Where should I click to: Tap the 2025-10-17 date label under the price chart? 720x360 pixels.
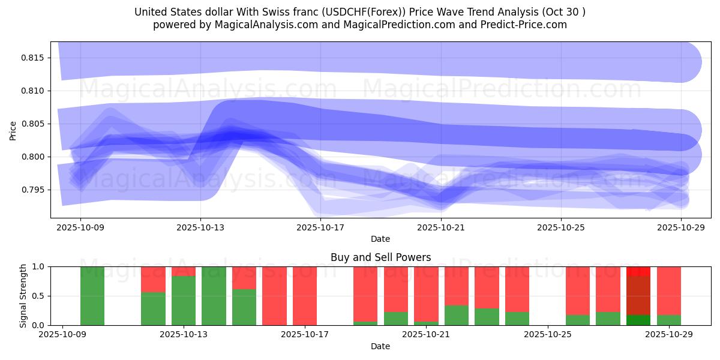(x=321, y=227)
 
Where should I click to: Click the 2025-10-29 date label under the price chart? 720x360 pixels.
(x=681, y=227)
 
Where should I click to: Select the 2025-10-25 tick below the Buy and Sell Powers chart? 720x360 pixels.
(x=548, y=335)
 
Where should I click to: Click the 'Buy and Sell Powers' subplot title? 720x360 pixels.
(x=380, y=257)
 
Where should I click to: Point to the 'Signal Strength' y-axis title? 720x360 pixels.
(x=23, y=296)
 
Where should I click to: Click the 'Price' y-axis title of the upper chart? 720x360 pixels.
(x=13, y=130)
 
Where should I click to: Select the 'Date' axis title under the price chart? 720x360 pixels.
(x=380, y=239)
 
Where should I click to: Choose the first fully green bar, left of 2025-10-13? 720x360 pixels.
(x=92, y=296)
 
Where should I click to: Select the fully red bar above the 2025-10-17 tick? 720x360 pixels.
(x=305, y=296)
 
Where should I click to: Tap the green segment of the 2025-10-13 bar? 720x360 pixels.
(x=184, y=301)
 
